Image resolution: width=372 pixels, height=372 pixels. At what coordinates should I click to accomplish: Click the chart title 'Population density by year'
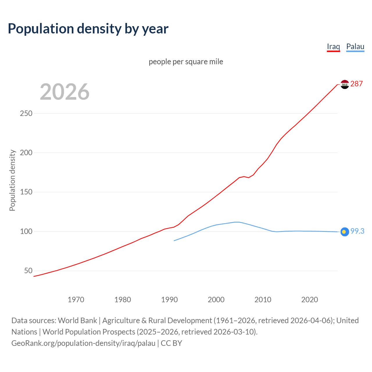(x=88, y=28)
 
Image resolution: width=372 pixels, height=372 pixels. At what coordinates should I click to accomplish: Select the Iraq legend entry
(x=333, y=46)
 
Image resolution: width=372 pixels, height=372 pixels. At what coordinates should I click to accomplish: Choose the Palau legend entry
(x=355, y=46)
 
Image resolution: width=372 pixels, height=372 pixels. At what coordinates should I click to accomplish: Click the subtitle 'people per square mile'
(x=186, y=62)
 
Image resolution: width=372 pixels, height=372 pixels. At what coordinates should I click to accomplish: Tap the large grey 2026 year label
(x=65, y=92)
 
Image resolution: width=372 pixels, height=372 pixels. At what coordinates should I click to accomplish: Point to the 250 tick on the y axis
(x=26, y=113)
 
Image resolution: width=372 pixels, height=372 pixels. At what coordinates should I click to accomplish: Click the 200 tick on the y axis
(x=26, y=153)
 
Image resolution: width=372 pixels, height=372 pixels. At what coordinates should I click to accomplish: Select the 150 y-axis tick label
(x=26, y=192)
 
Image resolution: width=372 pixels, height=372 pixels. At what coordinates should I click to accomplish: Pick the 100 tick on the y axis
(x=26, y=231)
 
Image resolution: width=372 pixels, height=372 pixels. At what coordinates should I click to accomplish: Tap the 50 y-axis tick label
(x=28, y=271)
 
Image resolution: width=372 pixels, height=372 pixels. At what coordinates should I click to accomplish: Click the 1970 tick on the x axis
(x=76, y=300)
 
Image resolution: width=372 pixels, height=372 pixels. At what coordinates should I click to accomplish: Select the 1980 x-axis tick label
(x=123, y=300)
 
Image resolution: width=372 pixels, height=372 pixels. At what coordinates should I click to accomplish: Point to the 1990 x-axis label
(x=169, y=300)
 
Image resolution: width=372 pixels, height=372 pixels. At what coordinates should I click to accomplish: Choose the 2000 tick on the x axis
(x=216, y=300)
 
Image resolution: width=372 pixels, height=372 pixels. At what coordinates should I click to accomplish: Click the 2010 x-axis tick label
(x=263, y=300)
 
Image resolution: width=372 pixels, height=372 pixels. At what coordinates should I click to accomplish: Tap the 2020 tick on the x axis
(x=310, y=300)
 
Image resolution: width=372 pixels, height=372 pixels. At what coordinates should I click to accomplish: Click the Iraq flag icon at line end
(x=345, y=84)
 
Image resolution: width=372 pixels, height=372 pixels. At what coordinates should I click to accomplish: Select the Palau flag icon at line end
(x=345, y=232)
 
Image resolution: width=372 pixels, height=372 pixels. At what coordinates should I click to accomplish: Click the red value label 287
(x=357, y=84)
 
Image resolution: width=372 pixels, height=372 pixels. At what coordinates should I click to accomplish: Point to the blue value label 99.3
(x=357, y=231)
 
